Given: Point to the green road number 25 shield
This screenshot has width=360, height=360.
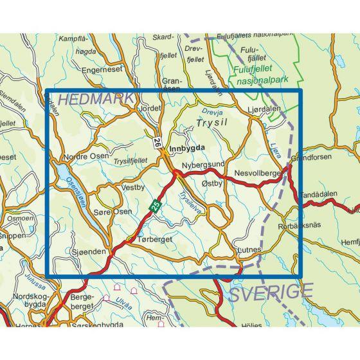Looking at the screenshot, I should pyautogui.click(x=155, y=205).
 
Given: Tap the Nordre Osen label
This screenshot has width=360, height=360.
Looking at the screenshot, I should pyautogui.click(x=82, y=158).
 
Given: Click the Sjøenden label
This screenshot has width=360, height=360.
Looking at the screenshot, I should pyautogui.click(x=87, y=253).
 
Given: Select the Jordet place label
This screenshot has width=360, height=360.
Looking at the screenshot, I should pyautogui.click(x=150, y=109).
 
